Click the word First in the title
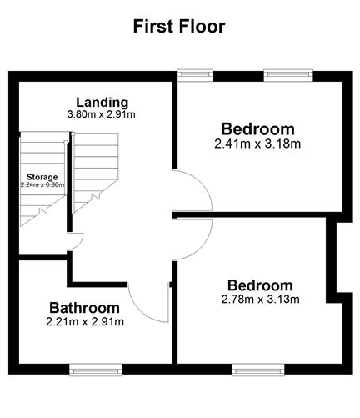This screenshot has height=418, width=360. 151,27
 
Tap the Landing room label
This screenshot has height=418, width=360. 101,103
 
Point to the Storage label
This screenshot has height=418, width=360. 42,177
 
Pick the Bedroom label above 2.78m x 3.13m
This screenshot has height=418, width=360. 260,285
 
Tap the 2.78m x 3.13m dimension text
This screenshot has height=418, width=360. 260,300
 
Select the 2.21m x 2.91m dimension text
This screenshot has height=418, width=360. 86,321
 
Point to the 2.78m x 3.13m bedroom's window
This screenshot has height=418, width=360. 257,367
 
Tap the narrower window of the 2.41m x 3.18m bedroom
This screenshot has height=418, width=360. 196,74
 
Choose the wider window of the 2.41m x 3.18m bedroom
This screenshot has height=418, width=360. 287,74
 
